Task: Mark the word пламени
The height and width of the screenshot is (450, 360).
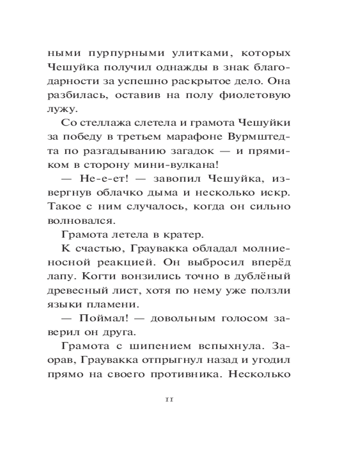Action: click(115, 306)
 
